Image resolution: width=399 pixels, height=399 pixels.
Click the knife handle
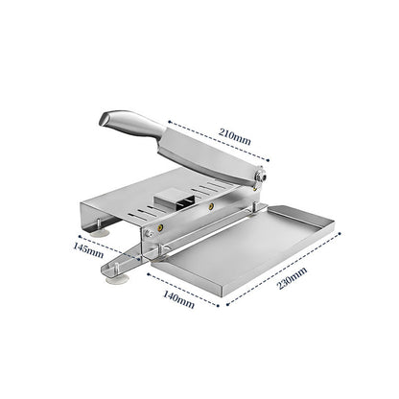[x=129, y=123]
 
